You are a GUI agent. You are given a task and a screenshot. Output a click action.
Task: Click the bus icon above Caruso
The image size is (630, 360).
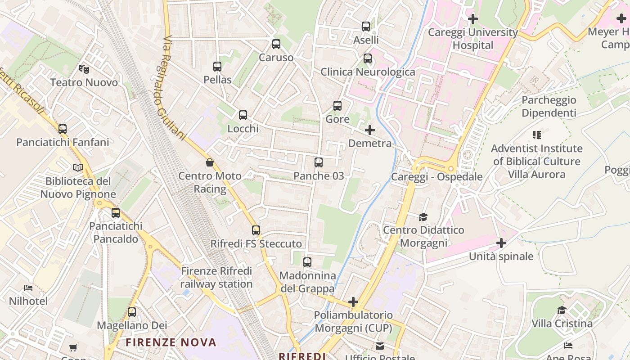pyautogui.click(x=276, y=44)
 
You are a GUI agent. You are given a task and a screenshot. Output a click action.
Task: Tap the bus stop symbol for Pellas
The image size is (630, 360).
pyautogui.click(x=217, y=67)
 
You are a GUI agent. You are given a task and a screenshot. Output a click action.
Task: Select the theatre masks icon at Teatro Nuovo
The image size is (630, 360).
pyautogui.click(x=84, y=69)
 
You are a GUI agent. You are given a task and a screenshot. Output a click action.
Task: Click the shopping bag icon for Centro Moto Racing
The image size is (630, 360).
pyautogui.click(x=210, y=162)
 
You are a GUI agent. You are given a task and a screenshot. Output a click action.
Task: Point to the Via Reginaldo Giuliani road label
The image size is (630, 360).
pyautogui.click(x=174, y=88)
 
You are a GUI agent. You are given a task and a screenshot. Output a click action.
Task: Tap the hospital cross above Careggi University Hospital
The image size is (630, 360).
pyautogui.click(x=472, y=19)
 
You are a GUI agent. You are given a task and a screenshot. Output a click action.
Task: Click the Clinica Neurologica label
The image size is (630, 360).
pyautogui.click(x=368, y=72)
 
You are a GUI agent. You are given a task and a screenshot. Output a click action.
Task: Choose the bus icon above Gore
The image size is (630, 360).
pyautogui.click(x=337, y=106)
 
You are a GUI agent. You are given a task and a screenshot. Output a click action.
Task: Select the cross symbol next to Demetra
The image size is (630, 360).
pyautogui.click(x=370, y=130)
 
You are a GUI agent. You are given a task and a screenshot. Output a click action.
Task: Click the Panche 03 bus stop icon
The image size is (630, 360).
pyautogui.click(x=319, y=162)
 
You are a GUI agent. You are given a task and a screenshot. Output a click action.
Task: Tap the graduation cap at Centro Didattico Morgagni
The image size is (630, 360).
pyautogui.click(x=423, y=217)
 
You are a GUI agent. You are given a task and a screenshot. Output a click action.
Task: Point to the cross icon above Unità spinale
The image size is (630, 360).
pyautogui.click(x=501, y=243)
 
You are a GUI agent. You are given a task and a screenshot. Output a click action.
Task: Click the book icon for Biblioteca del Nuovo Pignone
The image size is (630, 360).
pyautogui.click(x=78, y=168)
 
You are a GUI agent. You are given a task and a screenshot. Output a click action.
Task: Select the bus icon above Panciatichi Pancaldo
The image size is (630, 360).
pyautogui.click(x=116, y=213)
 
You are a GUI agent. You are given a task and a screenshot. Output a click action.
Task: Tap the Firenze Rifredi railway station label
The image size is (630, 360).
pyautogui.click(x=216, y=278)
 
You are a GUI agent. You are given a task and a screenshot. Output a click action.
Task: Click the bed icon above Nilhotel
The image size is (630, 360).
pyautogui.click(x=28, y=288)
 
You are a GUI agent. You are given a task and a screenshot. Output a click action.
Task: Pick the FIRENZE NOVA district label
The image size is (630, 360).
pyautogui.click(x=171, y=342)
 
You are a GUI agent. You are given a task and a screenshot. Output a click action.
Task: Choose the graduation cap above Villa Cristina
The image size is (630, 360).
pyautogui.click(x=562, y=310)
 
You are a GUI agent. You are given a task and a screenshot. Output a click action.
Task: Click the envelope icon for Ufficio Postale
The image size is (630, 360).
pyautogui.click(x=380, y=346)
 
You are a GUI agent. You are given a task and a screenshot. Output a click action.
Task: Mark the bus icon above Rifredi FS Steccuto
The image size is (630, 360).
pyautogui.click(x=256, y=230)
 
